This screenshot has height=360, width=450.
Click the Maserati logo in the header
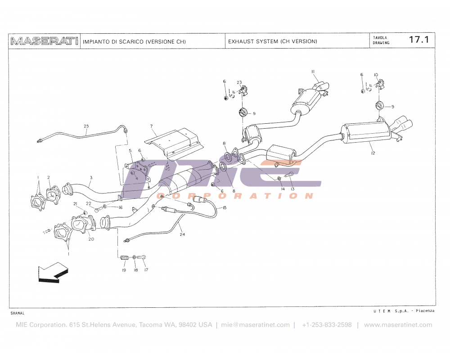tap(44, 41)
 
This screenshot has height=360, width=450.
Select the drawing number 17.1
tap(418, 40)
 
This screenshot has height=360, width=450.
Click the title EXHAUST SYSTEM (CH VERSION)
tap(272, 41)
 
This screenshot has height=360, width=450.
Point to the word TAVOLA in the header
tap(379, 37)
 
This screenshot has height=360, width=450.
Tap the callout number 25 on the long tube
tap(86, 126)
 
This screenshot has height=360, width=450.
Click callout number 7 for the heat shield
tap(152, 126)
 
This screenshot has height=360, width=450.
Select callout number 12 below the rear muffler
tap(373, 153)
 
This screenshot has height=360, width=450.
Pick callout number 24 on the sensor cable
tap(182, 234)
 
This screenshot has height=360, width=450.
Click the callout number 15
tap(224, 207)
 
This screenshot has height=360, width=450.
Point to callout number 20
tap(91, 239)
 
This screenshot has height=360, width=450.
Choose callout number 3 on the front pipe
tap(90, 178)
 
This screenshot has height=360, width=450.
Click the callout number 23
tap(239, 82)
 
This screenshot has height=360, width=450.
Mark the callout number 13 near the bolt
tap(292, 189)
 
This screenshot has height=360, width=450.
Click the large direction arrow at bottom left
tap(52, 273)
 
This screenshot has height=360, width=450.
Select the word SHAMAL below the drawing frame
tap(17, 312)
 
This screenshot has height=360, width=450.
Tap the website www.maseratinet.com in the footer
tap(398, 325)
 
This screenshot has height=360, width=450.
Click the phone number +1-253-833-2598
tap(327, 325)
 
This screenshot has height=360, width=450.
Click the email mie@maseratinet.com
tap(255, 325)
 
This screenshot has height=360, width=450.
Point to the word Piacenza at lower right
tap(425, 311)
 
